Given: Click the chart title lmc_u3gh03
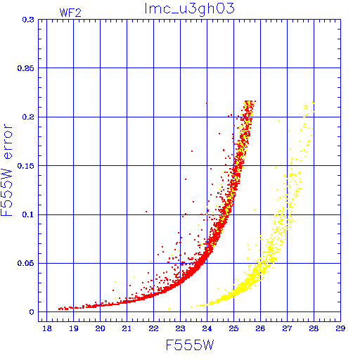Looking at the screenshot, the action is tap(189, 9).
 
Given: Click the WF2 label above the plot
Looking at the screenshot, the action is tap(70, 13).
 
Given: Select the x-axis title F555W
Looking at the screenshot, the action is tap(190, 345).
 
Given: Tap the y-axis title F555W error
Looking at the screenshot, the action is tap(6, 169).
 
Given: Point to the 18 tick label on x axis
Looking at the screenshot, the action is tap(47, 328).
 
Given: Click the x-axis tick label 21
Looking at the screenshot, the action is tap(127, 328).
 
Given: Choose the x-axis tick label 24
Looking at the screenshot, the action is tap(207, 328).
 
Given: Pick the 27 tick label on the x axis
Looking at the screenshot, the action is tap(287, 328).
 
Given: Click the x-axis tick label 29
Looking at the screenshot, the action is tap(340, 328).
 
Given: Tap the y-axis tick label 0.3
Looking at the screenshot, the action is tap(28, 20).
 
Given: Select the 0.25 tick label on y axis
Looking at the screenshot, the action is tap(25, 68).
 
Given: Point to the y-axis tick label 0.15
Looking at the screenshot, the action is tap(25, 166).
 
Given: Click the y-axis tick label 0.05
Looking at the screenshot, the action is tap(25, 263).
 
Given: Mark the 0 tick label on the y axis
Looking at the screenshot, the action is tap(32, 312).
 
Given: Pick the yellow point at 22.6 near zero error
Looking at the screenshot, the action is tap(169, 309).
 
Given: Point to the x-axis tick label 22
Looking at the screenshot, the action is tap(153, 328).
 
